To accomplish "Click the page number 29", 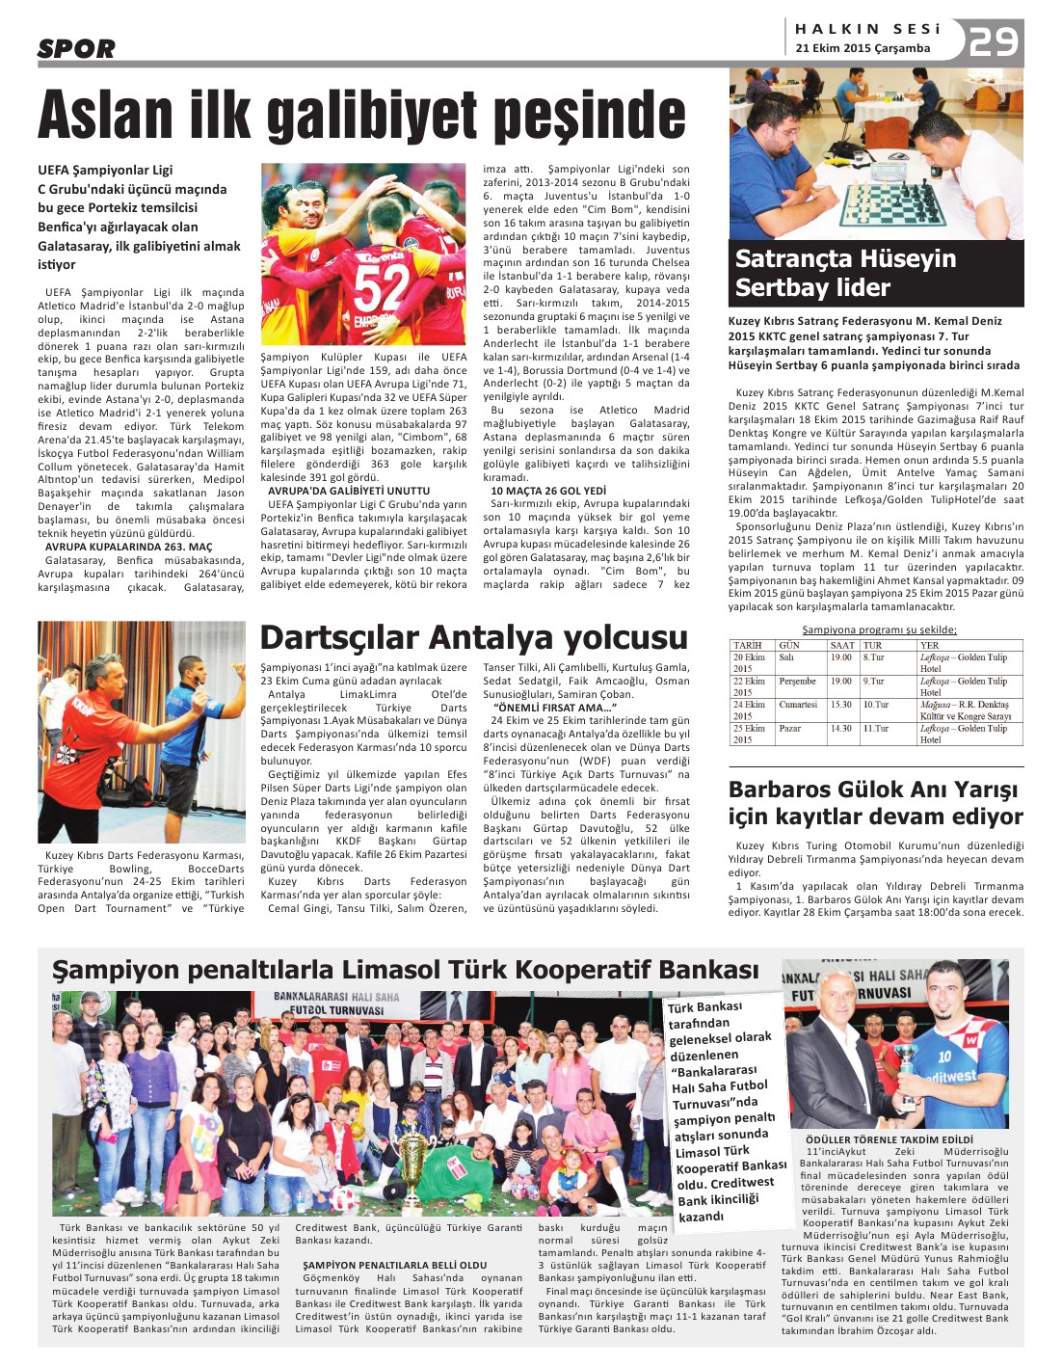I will pyautogui.click(x=994, y=42).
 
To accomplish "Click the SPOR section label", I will pyautogui.click(x=76, y=48).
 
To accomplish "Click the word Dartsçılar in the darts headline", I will pyautogui.click(x=339, y=637).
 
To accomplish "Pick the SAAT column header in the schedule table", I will pyautogui.click(x=841, y=645).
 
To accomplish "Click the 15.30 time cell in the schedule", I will pyautogui.click(x=841, y=705).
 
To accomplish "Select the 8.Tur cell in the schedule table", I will pyautogui.click(x=874, y=657).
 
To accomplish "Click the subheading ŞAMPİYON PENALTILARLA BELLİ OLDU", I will pyautogui.click(x=395, y=1265).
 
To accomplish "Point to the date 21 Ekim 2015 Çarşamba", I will pyautogui.click(x=863, y=48).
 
